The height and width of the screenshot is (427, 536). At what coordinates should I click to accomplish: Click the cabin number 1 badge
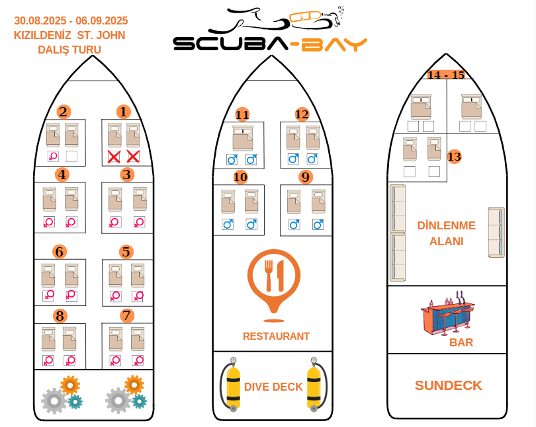point(122,112)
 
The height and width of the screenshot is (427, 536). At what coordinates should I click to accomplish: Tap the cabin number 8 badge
point(60,315)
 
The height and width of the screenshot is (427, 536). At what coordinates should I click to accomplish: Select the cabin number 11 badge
point(242,115)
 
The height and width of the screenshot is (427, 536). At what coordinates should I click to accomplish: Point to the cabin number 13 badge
point(454,157)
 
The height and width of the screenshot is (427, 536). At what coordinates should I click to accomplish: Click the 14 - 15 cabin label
point(446,75)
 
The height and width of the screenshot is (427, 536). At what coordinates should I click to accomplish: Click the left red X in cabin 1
point(114,157)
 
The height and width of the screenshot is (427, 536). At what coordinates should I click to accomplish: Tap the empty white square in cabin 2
point(72,157)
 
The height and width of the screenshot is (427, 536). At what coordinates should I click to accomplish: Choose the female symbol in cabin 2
point(53,157)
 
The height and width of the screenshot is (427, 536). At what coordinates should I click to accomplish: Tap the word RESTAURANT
point(276,336)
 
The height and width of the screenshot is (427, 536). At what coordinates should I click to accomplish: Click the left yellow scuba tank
point(232,385)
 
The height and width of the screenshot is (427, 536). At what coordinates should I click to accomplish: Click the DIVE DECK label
point(273,387)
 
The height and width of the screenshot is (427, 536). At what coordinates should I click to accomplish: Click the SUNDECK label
point(448,385)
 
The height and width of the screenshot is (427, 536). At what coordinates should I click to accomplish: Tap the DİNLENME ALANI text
point(446,233)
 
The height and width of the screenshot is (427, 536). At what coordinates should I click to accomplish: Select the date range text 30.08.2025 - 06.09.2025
point(71,21)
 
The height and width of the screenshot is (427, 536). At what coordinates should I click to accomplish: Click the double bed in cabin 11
point(242,138)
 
